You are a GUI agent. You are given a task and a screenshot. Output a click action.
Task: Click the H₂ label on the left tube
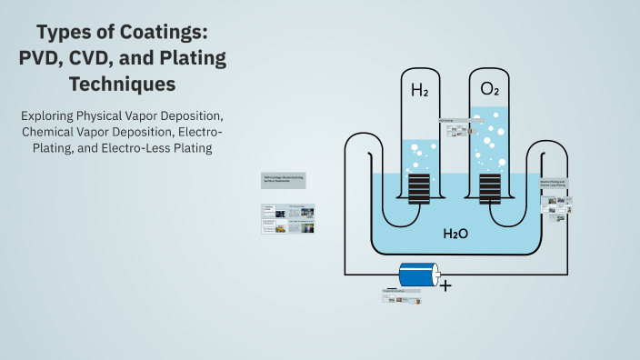point(419,90)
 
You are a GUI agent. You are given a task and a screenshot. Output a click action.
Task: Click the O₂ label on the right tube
point(489,90)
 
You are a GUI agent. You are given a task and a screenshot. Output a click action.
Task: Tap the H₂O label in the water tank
point(455,234)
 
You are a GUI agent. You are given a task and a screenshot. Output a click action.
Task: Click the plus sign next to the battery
point(445,285)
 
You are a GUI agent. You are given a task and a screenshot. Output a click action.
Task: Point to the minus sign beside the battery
point(391,287)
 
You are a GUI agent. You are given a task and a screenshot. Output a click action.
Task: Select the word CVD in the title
point(115,60)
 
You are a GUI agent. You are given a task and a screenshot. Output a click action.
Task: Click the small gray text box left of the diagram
point(284,181)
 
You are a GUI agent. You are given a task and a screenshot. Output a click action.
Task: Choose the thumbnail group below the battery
point(406,298)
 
